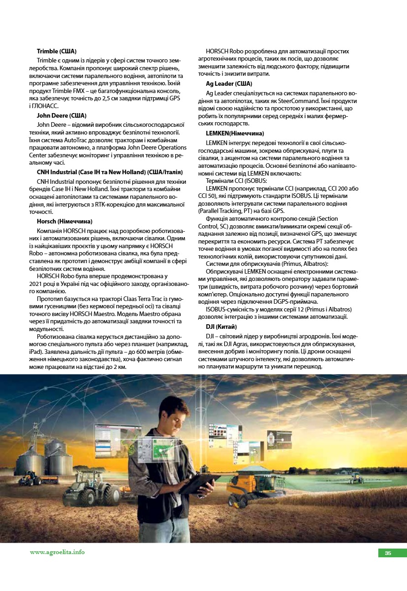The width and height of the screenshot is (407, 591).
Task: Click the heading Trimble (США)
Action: (x=57, y=51)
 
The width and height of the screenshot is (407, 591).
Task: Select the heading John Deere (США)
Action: (x=62, y=115)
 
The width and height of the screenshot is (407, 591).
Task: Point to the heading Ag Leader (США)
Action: (x=229, y=84)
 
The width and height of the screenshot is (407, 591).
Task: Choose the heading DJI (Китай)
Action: (x=221, y=327)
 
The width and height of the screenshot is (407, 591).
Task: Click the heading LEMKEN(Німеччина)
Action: (x=235, y=133)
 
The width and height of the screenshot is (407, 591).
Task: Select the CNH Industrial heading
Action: (x=110, y=172)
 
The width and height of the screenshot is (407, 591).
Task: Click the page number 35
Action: (x=388, y=553)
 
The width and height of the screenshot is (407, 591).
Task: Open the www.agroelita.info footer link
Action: (x=57, y=552)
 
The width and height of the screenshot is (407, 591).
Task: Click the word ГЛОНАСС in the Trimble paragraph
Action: (x=46, y=106)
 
